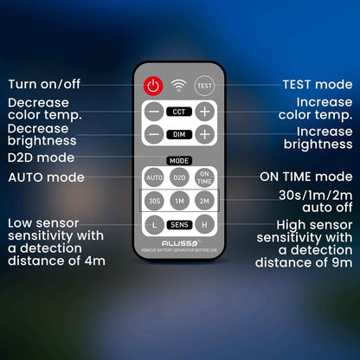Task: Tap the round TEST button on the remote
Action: [204, 86]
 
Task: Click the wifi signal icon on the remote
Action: [178, 85]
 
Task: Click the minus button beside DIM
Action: [154, 134]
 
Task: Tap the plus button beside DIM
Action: [205, 134]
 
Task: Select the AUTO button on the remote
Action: [154, 177]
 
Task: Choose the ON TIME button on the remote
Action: [204, 177]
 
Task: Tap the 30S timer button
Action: [154, 201]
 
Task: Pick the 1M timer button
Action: [179, 201]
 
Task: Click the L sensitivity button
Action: [154, 225]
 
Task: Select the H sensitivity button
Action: [204, 225]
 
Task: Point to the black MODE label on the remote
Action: [179, 161]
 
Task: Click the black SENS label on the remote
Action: [179, 225]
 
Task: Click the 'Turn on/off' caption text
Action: [44, 84]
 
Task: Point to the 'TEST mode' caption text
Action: [318, 85]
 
